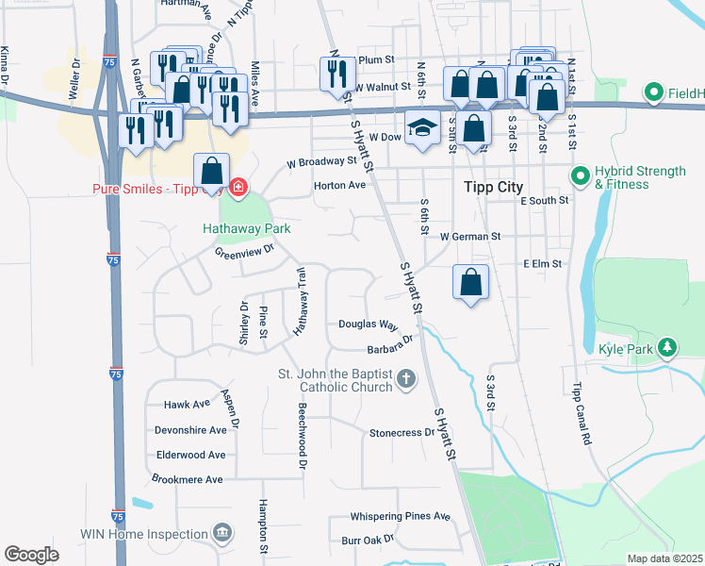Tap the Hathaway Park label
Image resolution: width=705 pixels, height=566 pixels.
coord(246,228)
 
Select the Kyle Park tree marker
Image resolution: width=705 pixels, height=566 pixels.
coord(668,348)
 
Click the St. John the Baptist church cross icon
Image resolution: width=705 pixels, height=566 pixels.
coord(406,380)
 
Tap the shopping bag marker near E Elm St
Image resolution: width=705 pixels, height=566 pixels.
coord(470,282)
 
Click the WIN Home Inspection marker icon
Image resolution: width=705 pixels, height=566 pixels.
coord(221,534)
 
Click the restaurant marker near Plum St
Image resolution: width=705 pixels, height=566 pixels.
coord(336,73)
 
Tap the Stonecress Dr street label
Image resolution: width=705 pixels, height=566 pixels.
coord(402,433)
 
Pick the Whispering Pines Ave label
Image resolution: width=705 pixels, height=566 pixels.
coord(401,516)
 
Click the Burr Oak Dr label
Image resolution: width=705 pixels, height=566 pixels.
coord(367,540)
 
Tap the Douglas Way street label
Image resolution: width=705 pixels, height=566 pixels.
coord(369,324)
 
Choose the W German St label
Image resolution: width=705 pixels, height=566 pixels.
coord(468,237)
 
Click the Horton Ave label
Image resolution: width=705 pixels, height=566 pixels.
coord(339,186)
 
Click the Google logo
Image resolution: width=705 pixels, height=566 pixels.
coord(31,555)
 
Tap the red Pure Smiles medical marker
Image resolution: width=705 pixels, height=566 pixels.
coord(238,186)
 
